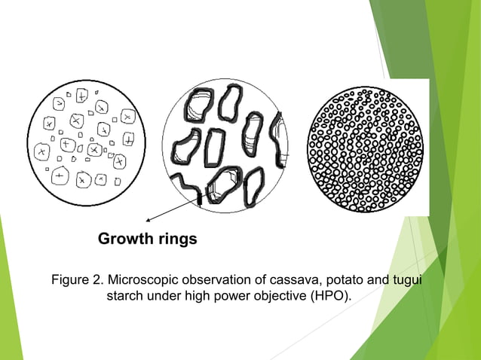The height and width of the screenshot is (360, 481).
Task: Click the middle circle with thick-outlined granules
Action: (226, 143)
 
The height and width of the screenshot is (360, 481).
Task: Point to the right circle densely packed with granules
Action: (365, 143)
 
